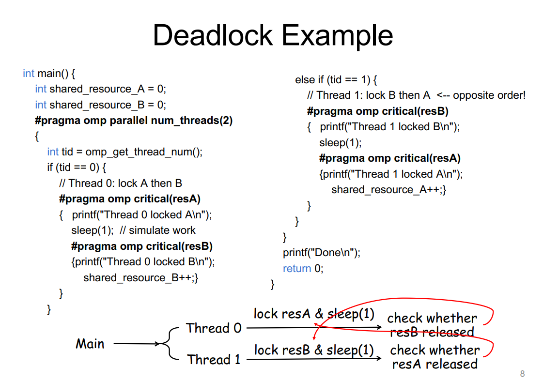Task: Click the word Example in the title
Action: (338, 36)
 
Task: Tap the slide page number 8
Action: (522, 374)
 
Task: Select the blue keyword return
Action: (297, 269)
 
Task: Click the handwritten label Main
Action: (90, 344)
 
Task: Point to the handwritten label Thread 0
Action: (214, 328)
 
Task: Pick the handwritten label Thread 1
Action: (214, 360)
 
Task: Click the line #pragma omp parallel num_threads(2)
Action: (134, 121)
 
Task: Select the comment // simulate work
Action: (157, 230)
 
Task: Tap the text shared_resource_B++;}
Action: (141, 278)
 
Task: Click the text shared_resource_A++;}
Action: (389, 190)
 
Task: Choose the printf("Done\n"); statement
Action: (322, 253)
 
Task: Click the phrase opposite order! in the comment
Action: (489, 95)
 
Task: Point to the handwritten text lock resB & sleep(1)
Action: (314, 350)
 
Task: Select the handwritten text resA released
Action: (435, 364)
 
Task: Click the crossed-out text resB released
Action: (432, 332)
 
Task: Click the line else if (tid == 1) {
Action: (336, 80)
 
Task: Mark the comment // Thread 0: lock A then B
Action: (121, 183)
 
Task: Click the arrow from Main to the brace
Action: (137, 344)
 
